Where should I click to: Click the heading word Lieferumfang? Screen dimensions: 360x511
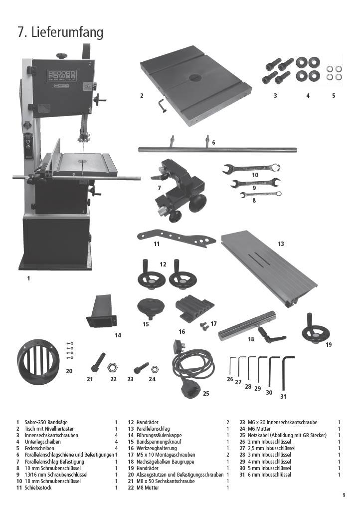[67, 32]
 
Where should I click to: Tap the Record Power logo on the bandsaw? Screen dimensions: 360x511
[62, 76]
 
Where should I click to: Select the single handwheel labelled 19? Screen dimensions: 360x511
[315, 330]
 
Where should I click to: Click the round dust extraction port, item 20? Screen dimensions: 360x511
[38, 362]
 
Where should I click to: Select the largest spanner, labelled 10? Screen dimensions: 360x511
[252, 169]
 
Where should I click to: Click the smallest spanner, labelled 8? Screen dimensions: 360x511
[261, 195]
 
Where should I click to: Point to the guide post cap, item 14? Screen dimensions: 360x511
[102, 311]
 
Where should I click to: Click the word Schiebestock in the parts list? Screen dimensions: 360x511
[38, 488]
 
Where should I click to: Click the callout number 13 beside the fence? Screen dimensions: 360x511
[281, 244]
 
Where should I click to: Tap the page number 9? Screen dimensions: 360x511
[344, 496]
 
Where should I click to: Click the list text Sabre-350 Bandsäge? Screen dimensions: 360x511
[46, 422]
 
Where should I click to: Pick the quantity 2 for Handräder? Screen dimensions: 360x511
[228, 422]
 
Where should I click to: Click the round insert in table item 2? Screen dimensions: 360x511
[195, 78]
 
